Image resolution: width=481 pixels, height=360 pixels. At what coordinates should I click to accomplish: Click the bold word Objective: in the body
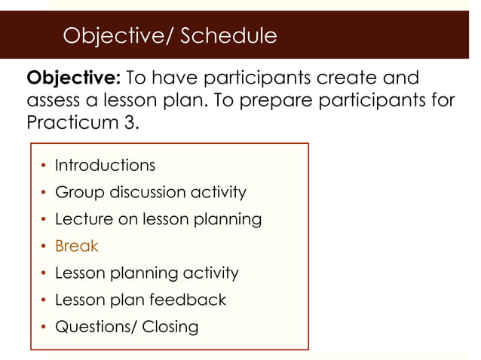[73, 78]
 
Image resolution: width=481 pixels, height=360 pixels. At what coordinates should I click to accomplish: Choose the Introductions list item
[105, 165]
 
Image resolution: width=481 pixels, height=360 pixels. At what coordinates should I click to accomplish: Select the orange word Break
[76, 246]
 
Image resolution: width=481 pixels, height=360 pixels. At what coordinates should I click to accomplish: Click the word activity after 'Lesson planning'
[210, 273]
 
